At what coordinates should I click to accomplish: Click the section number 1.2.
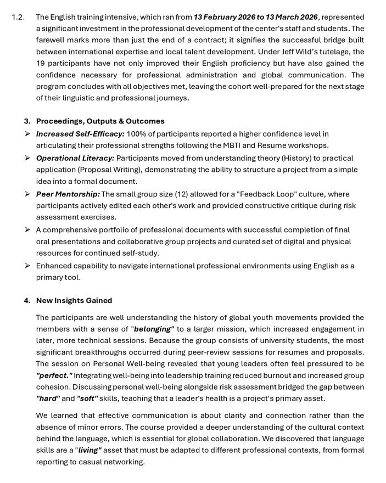18,17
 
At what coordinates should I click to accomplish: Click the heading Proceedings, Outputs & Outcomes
100,121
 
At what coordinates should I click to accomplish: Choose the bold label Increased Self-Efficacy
80,133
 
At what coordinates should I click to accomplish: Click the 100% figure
137,133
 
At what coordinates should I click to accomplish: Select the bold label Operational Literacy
75,158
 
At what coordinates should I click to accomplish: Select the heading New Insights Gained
74,300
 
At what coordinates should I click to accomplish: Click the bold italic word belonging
154,329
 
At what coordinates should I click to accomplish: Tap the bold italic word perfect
54,375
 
